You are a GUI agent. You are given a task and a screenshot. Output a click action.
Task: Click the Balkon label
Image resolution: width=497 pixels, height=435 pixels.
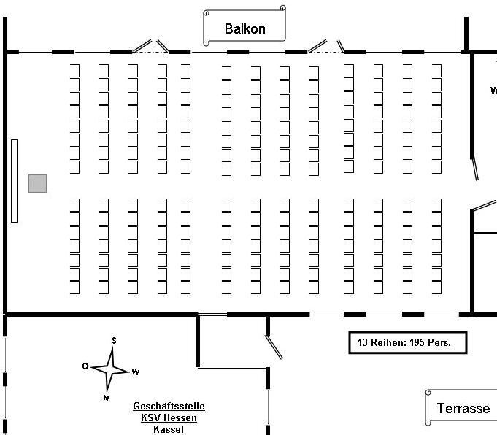[x=244, y=29]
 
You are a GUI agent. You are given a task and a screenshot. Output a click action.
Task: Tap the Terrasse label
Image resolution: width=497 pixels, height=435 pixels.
[x=463, y=408]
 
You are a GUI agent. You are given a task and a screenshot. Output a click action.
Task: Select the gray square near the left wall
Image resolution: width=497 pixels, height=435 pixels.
[x=38, y=183]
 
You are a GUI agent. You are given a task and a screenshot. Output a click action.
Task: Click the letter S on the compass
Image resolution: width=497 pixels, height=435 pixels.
[x=114, y=340]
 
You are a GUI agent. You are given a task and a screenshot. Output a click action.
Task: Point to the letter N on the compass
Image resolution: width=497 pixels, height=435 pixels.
[x=106, y=398]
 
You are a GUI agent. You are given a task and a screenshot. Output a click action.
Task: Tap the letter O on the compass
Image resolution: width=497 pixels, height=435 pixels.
[x=85, y=366]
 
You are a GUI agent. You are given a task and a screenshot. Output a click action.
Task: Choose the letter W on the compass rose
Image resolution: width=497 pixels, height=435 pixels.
[x=136, y=372]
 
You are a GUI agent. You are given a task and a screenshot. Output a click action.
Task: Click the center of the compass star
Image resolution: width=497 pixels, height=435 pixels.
[x=111, y=369]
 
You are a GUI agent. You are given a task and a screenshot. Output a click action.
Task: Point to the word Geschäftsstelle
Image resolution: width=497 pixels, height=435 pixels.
[x=169, y=407]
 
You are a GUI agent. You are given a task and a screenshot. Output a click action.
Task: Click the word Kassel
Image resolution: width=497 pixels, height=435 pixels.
[x=169, y=429]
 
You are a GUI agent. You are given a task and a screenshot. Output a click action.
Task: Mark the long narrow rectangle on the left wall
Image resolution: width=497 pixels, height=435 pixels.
[x=14, y=180]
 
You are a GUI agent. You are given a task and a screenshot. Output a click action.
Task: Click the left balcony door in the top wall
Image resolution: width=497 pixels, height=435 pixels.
[x=151, y=47]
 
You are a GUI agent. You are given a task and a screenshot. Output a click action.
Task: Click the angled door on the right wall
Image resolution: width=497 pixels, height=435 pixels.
[x=476, y=169]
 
